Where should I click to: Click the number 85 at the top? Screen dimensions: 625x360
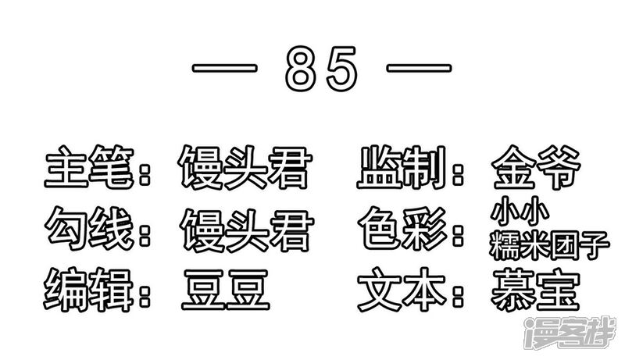click(x=321, y=69)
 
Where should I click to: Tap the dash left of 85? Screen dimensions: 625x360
click(x=224, y=68)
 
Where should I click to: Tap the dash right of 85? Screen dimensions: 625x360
click(x=419, y=68)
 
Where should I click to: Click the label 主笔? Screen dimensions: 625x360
click(x=89, y=166)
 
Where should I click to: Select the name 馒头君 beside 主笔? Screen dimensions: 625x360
click(x=245, y=167)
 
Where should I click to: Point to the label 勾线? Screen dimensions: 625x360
click(x=89, y=228)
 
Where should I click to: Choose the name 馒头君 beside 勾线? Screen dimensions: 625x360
click(x=247, y=230)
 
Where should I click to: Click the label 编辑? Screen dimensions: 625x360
click(x=88, y=289)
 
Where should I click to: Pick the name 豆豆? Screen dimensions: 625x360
click(x=226, y=290)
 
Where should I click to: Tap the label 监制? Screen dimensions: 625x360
click(x=402, y=167)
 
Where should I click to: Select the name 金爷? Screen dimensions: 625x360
click(x=536, y=167)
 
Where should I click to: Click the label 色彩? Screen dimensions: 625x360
click(x=402, y=229)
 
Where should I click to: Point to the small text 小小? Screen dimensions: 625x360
click(x=520, y=212)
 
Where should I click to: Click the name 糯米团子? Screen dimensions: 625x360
click(x=550, y=245)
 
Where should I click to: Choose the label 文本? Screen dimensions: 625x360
click(x=402, y=290)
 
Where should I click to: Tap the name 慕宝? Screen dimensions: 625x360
click(x=535, y=290)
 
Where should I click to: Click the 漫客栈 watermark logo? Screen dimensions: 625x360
click(x=571, y=333)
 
